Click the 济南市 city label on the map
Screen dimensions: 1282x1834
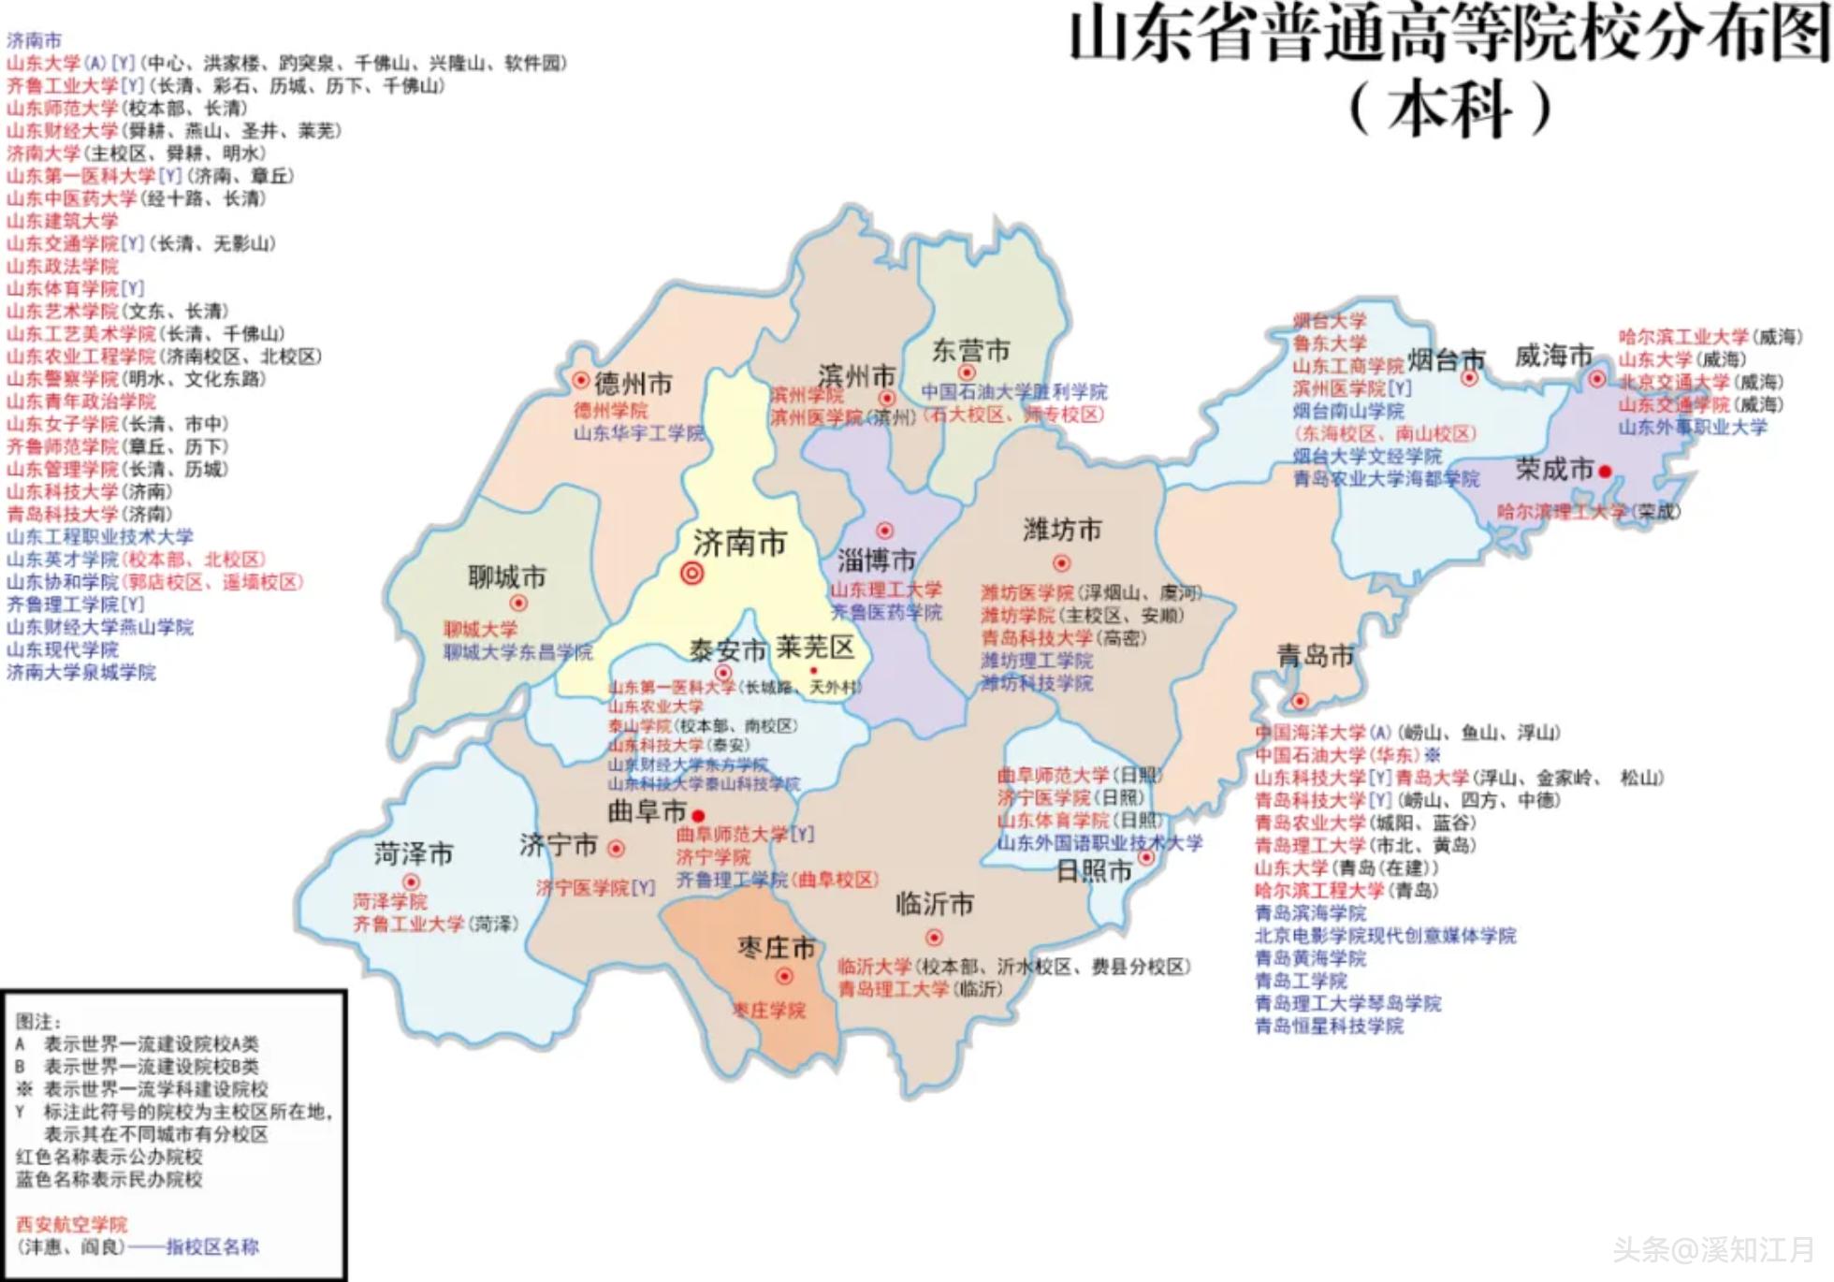pos(739,543)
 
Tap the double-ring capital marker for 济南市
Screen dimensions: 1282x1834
pos(691,573)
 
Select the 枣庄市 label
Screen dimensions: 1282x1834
pos(776,948)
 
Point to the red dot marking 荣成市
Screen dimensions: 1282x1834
pos(1605,472)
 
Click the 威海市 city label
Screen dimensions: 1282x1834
pos(1553,356)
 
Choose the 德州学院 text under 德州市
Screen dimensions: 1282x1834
pos(610,411)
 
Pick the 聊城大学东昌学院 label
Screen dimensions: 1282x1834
pos(517,652)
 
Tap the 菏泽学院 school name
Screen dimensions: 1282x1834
pos(389,901)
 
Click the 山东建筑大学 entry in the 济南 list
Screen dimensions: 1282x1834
pos(62,221)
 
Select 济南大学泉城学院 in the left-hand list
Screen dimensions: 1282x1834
pos(80,672)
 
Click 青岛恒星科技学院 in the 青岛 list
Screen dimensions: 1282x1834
pos(1328,1026)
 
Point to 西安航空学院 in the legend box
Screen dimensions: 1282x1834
pos(71,1224)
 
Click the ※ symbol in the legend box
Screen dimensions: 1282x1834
pos(24,1089)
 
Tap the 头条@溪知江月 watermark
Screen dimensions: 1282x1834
pos(1712,1249)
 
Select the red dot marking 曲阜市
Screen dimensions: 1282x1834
pos(698,816)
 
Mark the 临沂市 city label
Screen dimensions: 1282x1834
pos(934,904)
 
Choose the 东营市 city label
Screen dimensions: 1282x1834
pos(970,351)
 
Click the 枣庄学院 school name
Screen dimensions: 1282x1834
pos(768,1011)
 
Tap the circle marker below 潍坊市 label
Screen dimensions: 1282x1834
pos(1061,563)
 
